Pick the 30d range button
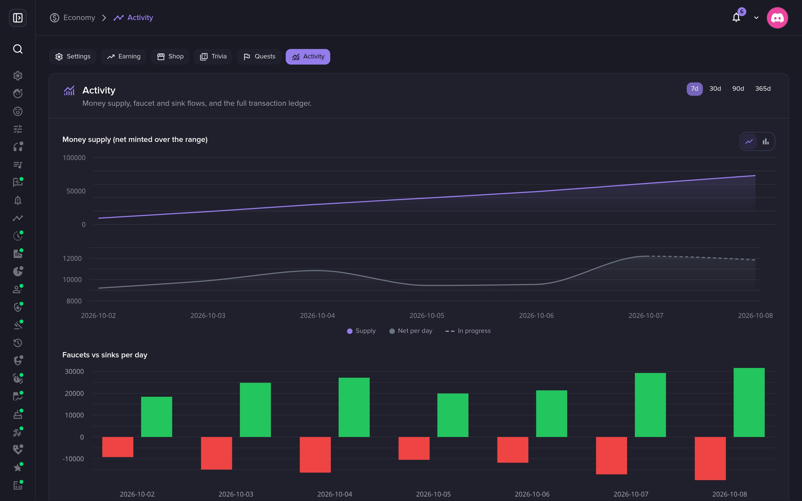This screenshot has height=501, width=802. [x=715, y=89]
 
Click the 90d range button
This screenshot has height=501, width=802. [x=738, y=89]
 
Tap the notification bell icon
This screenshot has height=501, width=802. [x=736, y=18]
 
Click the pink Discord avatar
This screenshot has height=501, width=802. [x=777, y=18]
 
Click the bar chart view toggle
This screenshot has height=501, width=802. [x=766, y=141]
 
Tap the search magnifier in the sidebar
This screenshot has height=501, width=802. [x=18, y=49]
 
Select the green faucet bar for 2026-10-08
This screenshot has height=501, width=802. [x=749, y=402]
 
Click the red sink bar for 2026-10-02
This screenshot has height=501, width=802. [x=118, y=447]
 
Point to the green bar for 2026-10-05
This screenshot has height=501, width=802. [x=453, y=415]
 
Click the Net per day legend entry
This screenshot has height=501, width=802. [x=411, y=331]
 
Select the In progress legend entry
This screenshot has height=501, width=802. [x=468, y=331]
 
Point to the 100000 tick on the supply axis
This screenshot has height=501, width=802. [x=74, y=158]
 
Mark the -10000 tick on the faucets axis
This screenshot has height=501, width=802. [x=73, y=459]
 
